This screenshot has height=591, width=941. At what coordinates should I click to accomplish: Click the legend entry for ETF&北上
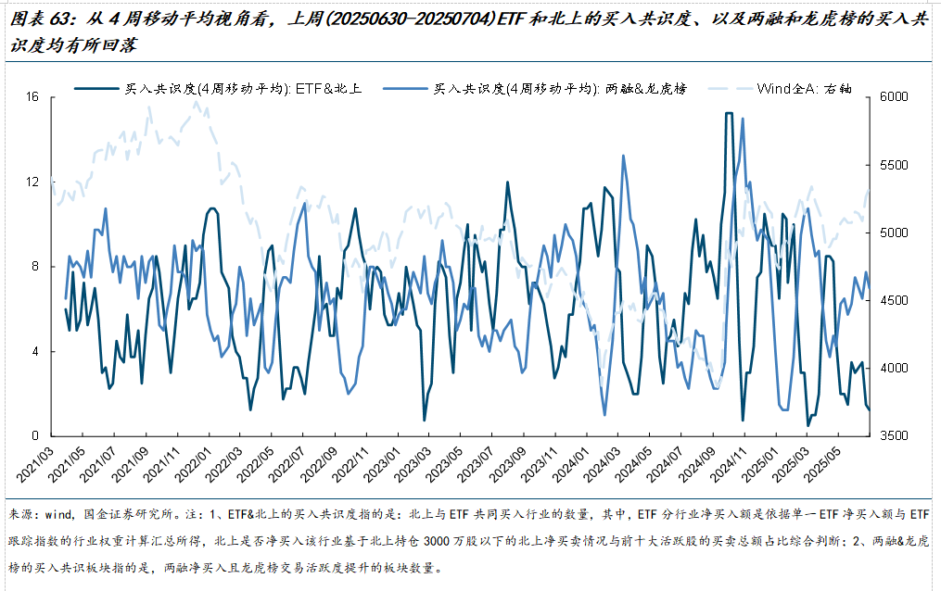point(242,89)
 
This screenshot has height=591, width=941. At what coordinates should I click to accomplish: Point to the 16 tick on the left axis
point(33,97)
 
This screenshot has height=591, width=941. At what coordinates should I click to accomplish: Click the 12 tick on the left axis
point(33,182)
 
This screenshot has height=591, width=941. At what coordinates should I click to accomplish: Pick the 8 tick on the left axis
point(35,267)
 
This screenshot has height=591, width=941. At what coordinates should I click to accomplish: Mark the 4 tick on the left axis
point(35,351)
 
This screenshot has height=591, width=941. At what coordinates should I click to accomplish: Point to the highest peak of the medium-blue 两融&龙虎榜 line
point(743,119)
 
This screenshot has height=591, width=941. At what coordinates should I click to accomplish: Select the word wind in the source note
point(58,514)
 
